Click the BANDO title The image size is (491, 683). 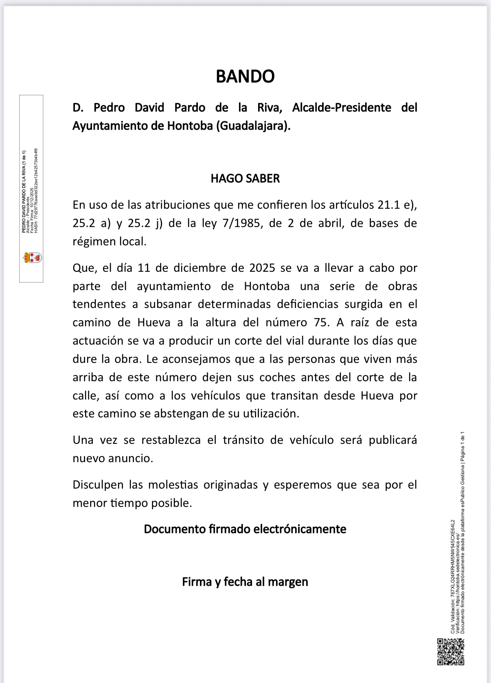pyautogui.click(x=245, y=76)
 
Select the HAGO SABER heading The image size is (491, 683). pyautogui.click(x=245, y=179)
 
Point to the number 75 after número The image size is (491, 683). pyautogui.click(x=321, y=323)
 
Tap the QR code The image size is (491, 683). pyautogui.click(x=451, y=652)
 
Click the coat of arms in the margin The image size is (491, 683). pyautogui.click(x=32, y=257)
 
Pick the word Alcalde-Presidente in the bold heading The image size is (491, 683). pyautogui.click(x=342, y=108)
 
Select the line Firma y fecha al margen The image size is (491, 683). pyautogui.click(x=245, y=582)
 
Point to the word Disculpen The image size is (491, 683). pyautogui.click(x=98, y=485)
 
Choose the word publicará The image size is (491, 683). pyautogui.click(x=393, y=440)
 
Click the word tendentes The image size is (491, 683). pyautogui.click(x=99, y=304)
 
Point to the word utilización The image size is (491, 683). pyautogui.click(x=271, y=414)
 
